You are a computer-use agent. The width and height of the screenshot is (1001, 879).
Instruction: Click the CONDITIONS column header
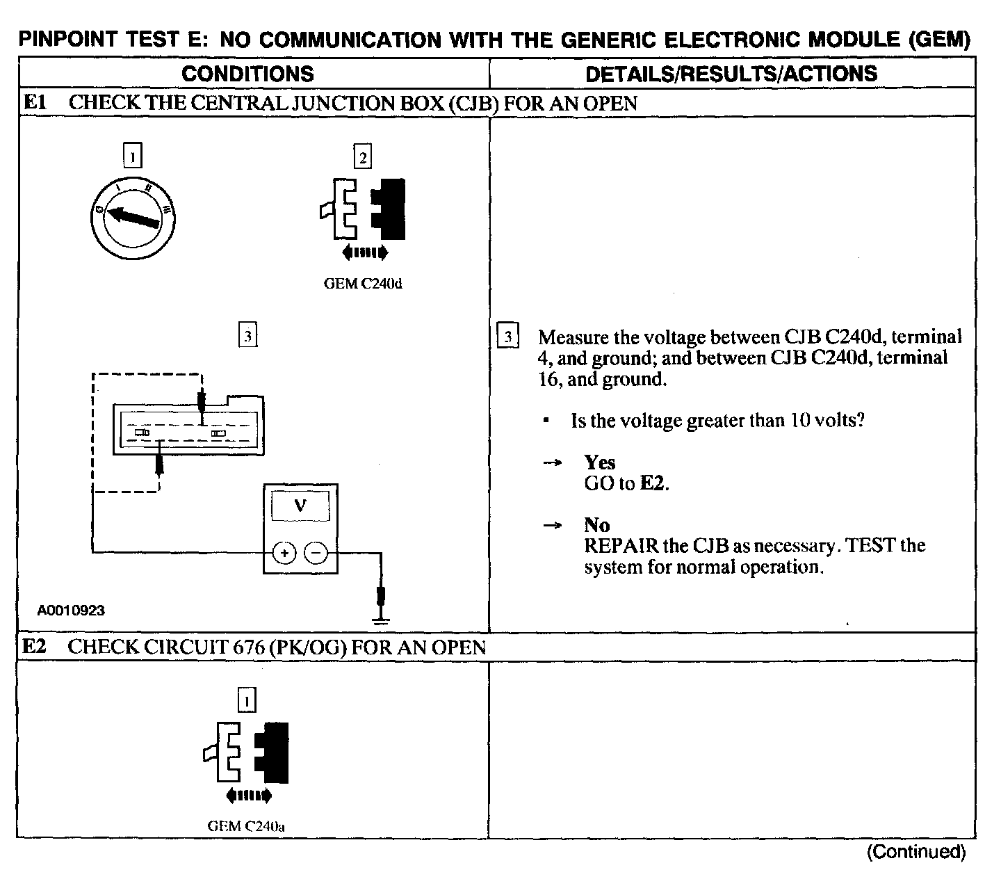click(x=247, y=74)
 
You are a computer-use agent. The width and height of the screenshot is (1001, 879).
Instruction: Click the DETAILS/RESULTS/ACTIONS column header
click(x=731, y=74)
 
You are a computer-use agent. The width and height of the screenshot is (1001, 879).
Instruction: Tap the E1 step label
click(x=34, y=104)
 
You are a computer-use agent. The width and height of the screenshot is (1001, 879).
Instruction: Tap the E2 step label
click(x=34, y=647)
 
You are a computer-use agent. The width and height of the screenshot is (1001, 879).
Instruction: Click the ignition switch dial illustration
click(x=133, y=216)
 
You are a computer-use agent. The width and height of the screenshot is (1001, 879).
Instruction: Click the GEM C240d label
click(x=363, y=284)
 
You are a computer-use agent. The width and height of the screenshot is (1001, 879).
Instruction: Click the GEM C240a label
click(x=247, y=827)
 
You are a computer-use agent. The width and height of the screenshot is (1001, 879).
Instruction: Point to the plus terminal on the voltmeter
click(x=284, y=554)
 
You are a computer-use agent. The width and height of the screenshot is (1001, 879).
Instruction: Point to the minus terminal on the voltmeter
click(x=316, y=554)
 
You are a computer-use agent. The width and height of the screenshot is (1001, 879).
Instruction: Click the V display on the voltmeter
click(x=300, y=506)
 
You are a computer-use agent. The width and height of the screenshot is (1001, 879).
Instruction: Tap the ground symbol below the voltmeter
click(x=380, y=615)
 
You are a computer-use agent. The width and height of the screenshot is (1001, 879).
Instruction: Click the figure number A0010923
click(x=71, y=611)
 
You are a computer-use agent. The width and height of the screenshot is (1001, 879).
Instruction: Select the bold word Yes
click(x=599, y=462)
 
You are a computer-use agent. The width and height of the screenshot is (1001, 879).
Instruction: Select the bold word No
click(x=596, y=525)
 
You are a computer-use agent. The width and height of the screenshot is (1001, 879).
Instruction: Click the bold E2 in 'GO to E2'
click(x=652, y=483)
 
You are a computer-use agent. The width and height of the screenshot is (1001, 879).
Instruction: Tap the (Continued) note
click(x=916, y=852)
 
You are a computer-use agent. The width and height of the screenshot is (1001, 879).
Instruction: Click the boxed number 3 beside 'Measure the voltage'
click(x=508, y=337)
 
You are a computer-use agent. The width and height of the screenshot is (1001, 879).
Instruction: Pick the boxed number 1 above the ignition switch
click(x=132, y=155)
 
